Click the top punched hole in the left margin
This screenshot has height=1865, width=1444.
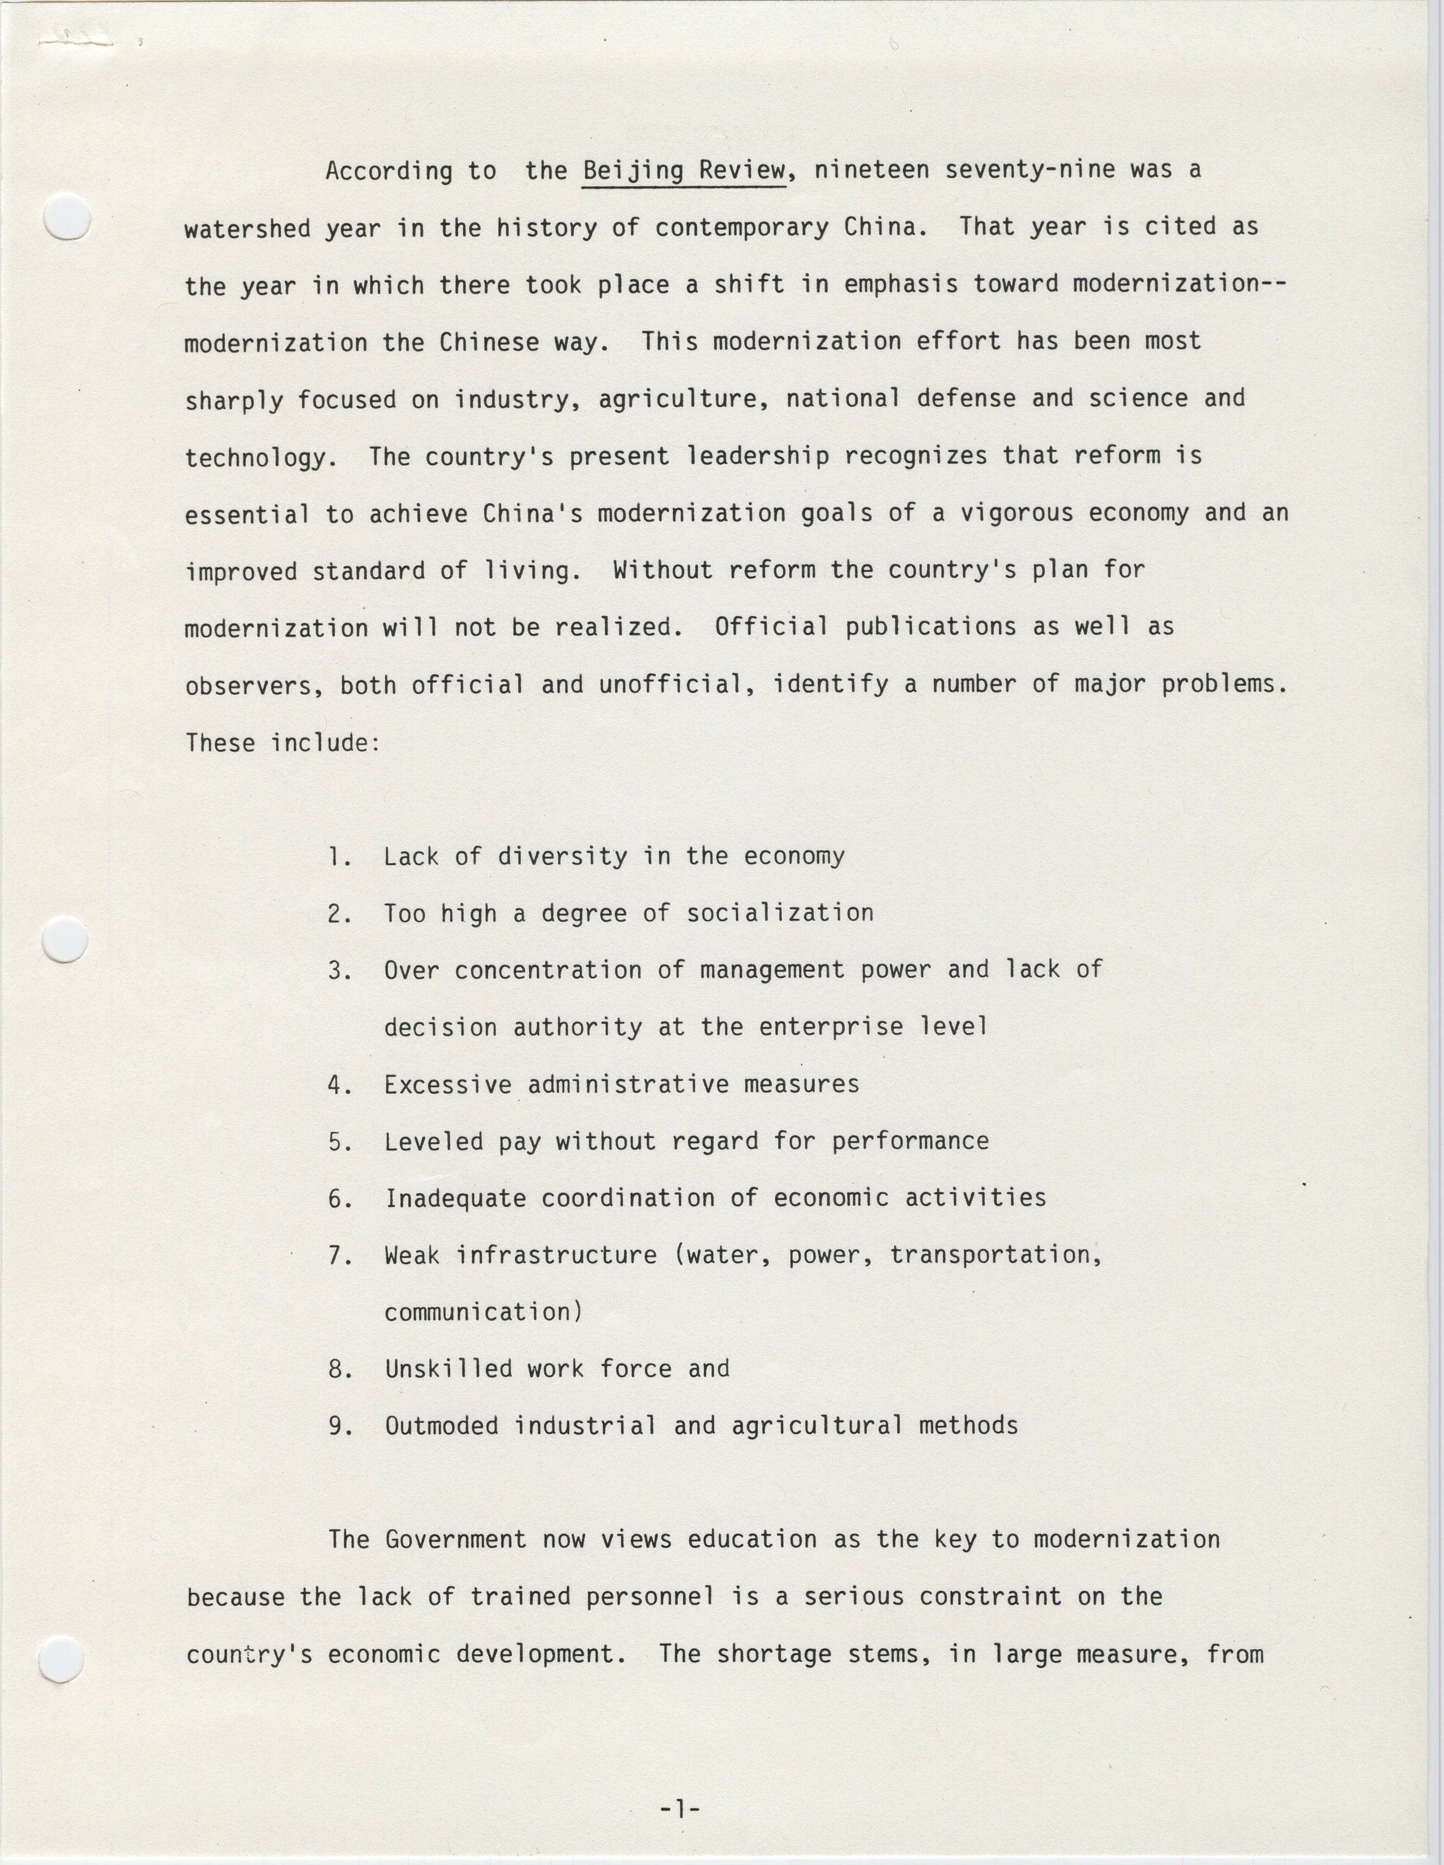click(67, 217)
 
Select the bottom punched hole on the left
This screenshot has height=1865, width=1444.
click(62, 1659)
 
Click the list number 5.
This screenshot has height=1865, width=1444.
click(339, 1142)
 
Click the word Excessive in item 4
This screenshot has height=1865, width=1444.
click(448, 1085)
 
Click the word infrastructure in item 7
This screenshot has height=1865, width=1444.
click(556, 1255)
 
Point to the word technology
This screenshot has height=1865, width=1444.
click(255, 458)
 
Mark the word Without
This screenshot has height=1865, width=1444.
click(662, 570)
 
